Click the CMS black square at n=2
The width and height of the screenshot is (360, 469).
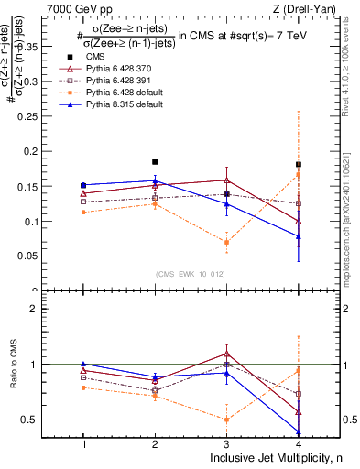click(155, 162)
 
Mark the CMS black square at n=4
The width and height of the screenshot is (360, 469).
click(299, 164)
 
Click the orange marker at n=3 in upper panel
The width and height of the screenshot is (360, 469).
click(227, 242)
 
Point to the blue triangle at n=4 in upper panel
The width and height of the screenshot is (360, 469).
click(299, 236)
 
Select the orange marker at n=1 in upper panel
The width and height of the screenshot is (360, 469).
click(83, 212)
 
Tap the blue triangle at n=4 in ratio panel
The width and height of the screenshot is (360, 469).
click(299, 431)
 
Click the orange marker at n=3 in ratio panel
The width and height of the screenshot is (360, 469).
click(227, 420)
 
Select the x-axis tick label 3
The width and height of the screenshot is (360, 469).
click(227, 444)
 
